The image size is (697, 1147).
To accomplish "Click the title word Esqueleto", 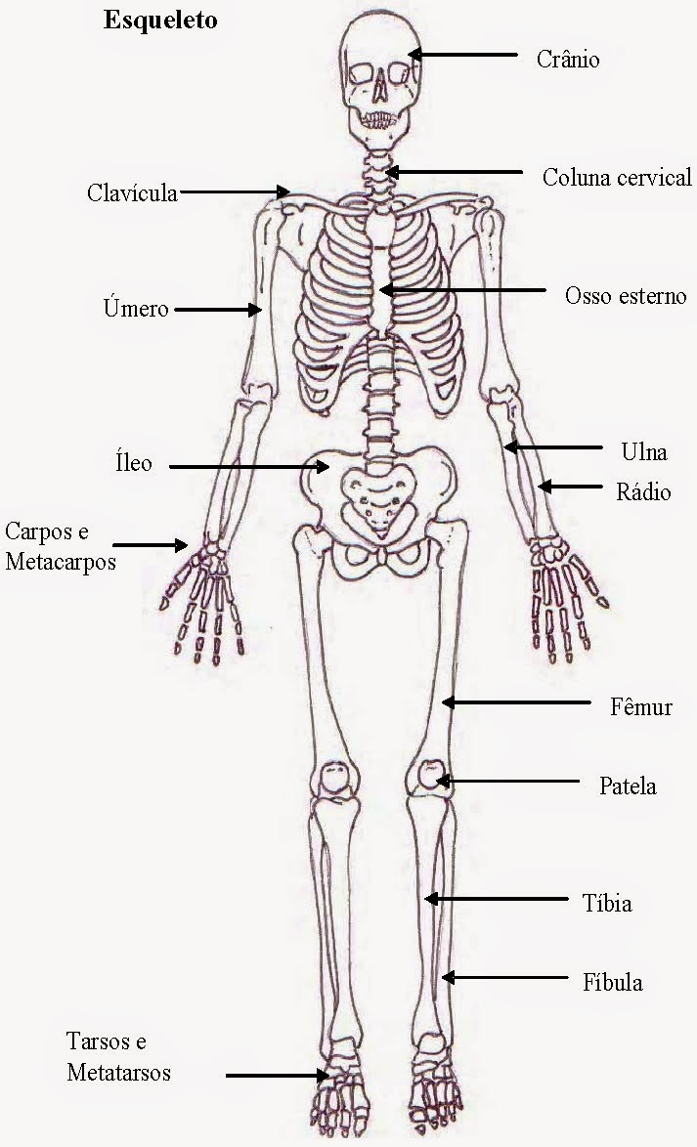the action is click(161, 22).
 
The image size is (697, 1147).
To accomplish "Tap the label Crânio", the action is click(567, 60).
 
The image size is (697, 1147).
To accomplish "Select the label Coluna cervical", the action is click(617, 178).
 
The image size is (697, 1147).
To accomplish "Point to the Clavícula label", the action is click(132, 192).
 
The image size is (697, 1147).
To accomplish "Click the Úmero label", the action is click(136, 309).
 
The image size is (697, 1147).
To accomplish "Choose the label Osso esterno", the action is click(626, 295).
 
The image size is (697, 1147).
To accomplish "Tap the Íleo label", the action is click(134, 462).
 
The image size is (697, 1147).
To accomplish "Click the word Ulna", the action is click(643, 452).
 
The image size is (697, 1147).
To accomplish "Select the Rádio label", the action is click(643, 491).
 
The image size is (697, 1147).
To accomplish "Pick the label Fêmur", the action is click(640, 706).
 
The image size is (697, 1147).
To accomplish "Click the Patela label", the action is click(628, 786).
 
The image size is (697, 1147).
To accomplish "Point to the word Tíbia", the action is click(607, 904).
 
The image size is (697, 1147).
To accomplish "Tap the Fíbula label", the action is click(613, 982).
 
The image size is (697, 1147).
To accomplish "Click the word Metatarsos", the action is click(118, 1073).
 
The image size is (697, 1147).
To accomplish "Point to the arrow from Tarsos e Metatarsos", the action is click(278, 1076).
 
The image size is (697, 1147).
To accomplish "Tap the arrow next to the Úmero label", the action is click(218, 311).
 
